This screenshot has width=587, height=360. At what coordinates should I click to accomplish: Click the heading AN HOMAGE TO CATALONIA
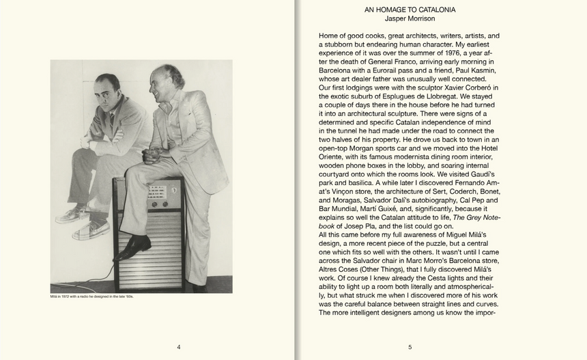click(x=410, y=10)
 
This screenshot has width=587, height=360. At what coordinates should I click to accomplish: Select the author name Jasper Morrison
click(x=410, y=18)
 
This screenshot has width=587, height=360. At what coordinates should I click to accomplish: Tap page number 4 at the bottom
click(x=179, y=347)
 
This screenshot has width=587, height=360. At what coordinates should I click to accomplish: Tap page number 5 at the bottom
click(x=410, y=347)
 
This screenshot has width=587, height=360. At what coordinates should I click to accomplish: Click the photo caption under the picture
click(x=91, y=297)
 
